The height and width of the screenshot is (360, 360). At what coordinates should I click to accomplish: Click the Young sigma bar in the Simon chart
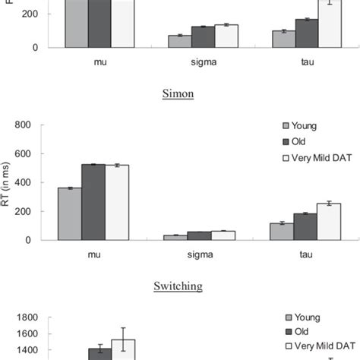[175, 237]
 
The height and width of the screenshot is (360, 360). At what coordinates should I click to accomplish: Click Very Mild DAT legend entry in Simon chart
[319, 157]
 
